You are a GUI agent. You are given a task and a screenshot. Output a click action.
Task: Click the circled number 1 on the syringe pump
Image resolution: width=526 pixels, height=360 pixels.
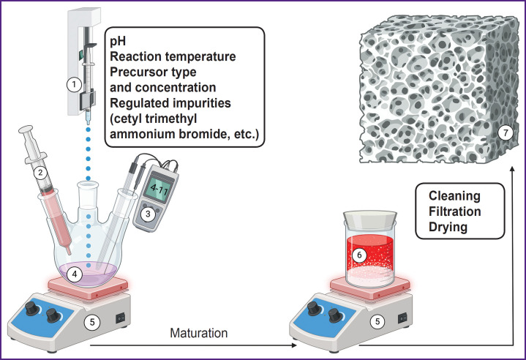point(72,84)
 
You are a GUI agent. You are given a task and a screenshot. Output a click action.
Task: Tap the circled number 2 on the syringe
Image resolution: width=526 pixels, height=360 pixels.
point(42,173)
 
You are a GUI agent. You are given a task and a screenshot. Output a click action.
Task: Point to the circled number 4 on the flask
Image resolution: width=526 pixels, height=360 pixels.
point(72,274)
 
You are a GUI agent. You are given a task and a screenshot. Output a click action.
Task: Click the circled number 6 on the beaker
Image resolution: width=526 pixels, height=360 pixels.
point(358,255)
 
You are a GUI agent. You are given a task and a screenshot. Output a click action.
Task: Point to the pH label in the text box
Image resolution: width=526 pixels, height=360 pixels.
point(118,41)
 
